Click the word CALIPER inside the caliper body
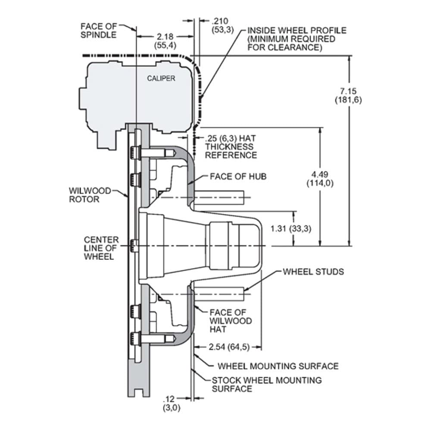(161, 78)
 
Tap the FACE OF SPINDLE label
(98, 31)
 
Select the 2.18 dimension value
(165, 37)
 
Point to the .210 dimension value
(220, 21)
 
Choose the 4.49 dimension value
(320, 174)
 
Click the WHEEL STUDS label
(313, 272)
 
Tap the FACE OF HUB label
(238, 176)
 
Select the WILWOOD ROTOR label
(90, 195)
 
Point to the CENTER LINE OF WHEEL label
(101, 248)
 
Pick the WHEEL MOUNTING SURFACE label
(278, 366)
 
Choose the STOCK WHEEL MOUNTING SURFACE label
(267, 384)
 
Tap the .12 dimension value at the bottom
(169, 398)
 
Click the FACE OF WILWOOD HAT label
(231, 321)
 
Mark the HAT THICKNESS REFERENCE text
(231, 150)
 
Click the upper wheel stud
(219, 197)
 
